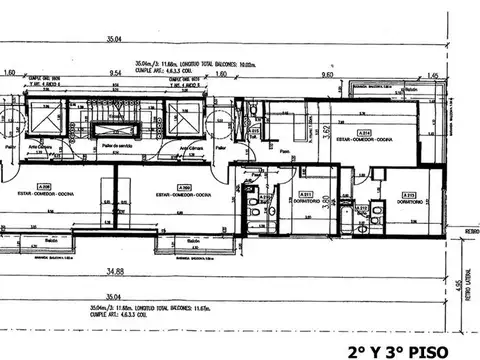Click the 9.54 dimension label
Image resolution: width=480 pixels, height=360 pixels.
coord(116,73)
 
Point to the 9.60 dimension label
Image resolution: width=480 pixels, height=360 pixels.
coord(327,73)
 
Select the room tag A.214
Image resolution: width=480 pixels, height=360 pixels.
coord(366,132)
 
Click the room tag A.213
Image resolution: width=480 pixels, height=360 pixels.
coord(409,195)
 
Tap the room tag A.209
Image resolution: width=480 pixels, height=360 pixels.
coord(183,187)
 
